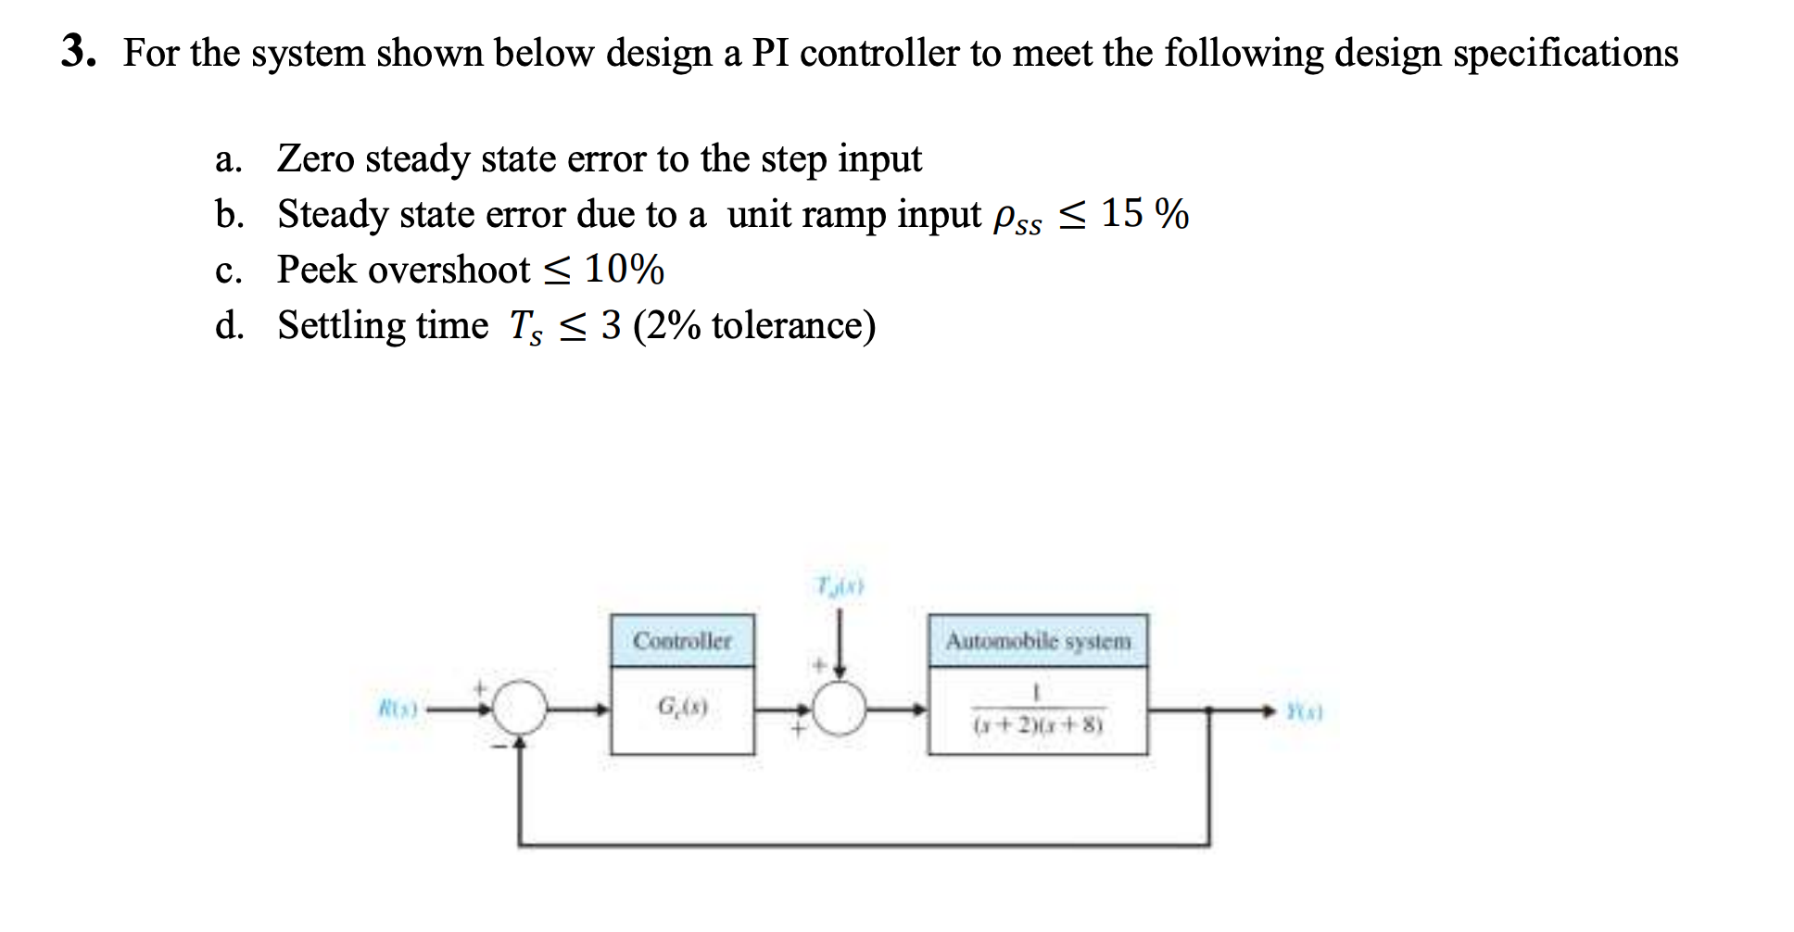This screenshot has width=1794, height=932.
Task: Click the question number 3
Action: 78,51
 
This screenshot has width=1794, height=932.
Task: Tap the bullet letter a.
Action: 228,159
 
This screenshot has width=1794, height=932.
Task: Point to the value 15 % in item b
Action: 1144,214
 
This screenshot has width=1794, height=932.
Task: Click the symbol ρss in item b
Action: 1017,219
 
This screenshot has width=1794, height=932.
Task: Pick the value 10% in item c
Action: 624,270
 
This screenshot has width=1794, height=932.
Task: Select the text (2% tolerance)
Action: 754,326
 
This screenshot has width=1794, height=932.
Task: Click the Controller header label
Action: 682,640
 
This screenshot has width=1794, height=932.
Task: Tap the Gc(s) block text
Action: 682,708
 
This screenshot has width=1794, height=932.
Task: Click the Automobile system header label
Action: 1038,640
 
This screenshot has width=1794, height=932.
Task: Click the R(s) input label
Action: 398,710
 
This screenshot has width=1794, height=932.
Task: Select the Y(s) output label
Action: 1304,712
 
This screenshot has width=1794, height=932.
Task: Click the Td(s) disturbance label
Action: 840,586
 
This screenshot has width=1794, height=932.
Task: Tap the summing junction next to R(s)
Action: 520,710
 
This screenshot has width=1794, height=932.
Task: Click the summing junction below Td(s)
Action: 840,710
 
